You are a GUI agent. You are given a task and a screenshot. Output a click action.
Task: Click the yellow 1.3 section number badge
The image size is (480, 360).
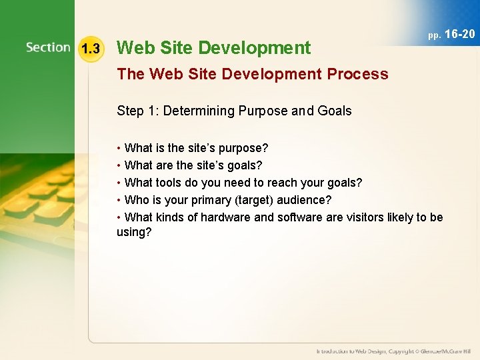90,49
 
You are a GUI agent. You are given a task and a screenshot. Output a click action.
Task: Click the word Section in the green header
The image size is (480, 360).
48,48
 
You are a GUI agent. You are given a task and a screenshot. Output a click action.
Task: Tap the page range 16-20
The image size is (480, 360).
460,34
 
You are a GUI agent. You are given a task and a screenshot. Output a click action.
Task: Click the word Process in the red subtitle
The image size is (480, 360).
357,74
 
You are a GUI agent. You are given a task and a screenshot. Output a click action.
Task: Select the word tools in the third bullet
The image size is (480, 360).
169,183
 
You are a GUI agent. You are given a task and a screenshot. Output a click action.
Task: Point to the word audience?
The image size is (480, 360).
307,200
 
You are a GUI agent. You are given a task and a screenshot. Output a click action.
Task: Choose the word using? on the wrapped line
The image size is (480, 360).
134,233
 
